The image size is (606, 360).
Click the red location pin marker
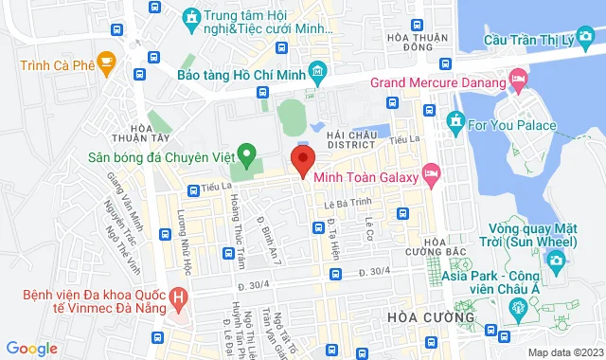point(302,159)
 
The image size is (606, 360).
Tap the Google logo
point(31,349)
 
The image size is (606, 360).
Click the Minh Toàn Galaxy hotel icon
point(432,172)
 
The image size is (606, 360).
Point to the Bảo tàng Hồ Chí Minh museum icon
point(317,71)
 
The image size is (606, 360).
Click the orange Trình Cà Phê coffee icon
point(106,64)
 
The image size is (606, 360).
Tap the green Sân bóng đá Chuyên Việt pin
point(246,153)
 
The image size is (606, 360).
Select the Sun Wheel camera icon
point(556,260)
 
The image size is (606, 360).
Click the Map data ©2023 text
point(564,352)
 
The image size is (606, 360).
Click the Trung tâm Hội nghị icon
point(191,18)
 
